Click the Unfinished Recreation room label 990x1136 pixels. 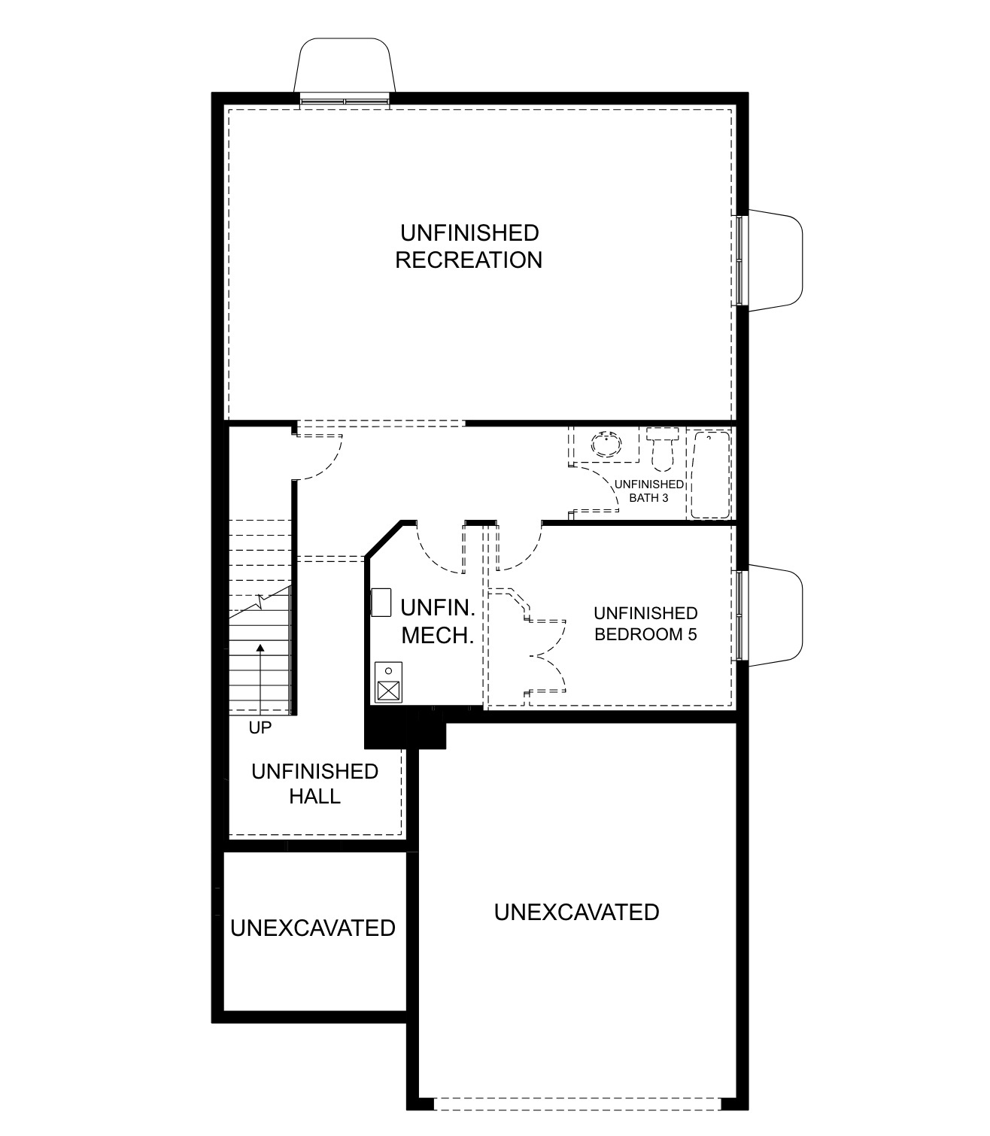click(x=469, y=246)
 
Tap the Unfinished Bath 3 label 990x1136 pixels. click(x=648, y=491)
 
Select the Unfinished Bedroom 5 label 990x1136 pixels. click(x=645, y=624)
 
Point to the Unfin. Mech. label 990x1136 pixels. click(x=437, y=621)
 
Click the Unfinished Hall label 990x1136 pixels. click(x=314, y=783)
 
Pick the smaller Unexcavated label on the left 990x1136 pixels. click(x=313, y=928)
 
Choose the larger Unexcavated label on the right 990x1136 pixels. click(x=576, y=912)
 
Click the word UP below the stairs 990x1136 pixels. click(x=260, y=728)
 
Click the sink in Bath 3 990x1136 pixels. click(x=606, y=444)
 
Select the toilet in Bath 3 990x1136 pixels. click(x=663, y=447)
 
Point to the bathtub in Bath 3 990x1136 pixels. click(x=711, y=474)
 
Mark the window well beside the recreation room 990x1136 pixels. click(x=775, y=260)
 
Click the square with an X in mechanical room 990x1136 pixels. click(x=388, y=690)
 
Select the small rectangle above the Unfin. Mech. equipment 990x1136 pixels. click(x=381, y=603)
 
